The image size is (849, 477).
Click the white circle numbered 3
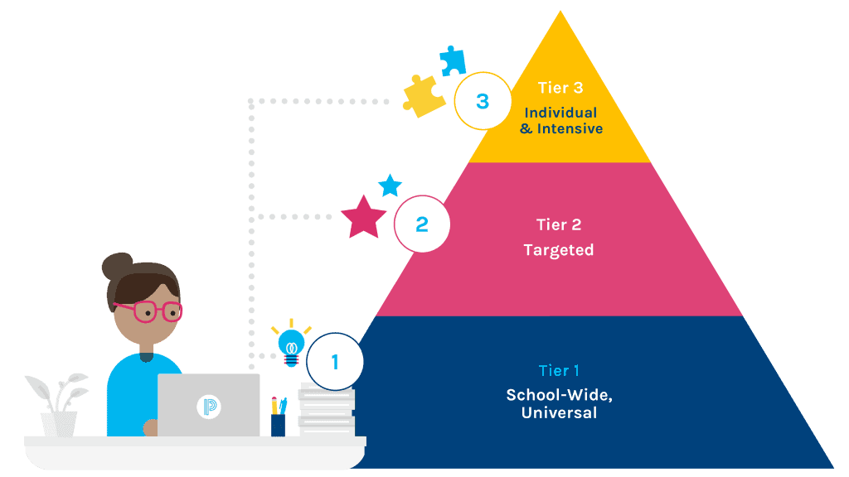483,102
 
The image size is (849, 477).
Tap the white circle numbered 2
421,224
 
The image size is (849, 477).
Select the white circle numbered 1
335,362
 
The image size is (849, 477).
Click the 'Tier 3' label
560,89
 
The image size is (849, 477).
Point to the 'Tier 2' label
559,224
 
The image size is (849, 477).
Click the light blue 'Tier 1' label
559,370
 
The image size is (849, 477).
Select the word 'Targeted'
559,250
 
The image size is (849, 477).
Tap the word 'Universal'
559,412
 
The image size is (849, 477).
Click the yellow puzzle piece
423,96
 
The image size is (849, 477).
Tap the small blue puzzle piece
453,60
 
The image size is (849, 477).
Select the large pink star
364,218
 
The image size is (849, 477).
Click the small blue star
390,185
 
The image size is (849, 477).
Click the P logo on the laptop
208,407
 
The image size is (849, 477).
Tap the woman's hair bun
117,267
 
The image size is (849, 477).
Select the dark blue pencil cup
278,423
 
